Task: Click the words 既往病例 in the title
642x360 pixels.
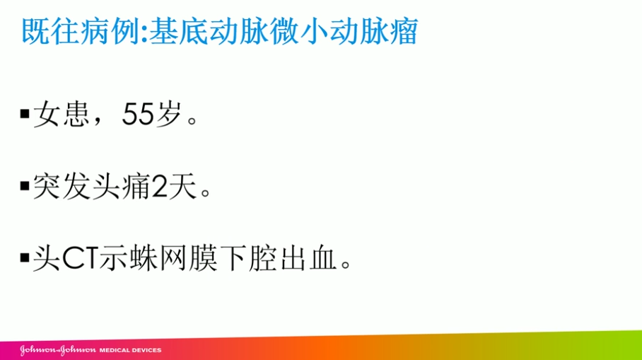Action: [x=80, y=31]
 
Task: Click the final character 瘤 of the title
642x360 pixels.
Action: [x=403, y=31]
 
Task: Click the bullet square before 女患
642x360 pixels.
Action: [x=25, y=113]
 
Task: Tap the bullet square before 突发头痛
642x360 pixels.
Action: [x=25, y=186]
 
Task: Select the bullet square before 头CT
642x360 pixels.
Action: [x=25, y=258]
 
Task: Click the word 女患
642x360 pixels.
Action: [x=62, y=113]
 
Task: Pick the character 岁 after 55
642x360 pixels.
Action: [x=168, y=113]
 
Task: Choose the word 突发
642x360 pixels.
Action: [x=62, y=186]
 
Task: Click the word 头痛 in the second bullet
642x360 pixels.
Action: [x=121, y=186]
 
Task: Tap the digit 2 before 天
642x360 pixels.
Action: [x=159, y=187]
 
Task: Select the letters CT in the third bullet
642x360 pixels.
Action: [x=80, y=259]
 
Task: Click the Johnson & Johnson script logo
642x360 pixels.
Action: [x=58, y=350]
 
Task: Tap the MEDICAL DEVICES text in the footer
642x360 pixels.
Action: [x=131, y=350]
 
